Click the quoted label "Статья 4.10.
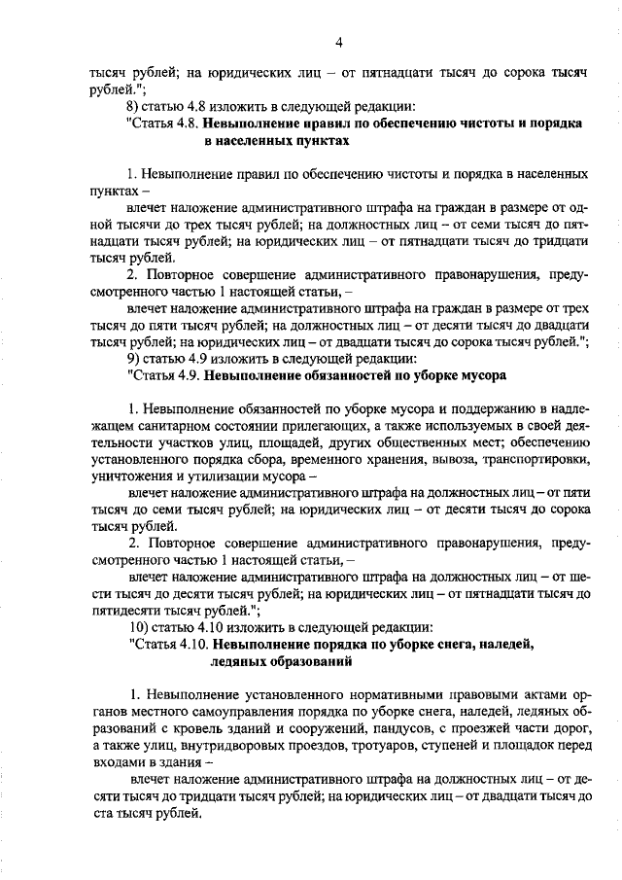tap(167, 644)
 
